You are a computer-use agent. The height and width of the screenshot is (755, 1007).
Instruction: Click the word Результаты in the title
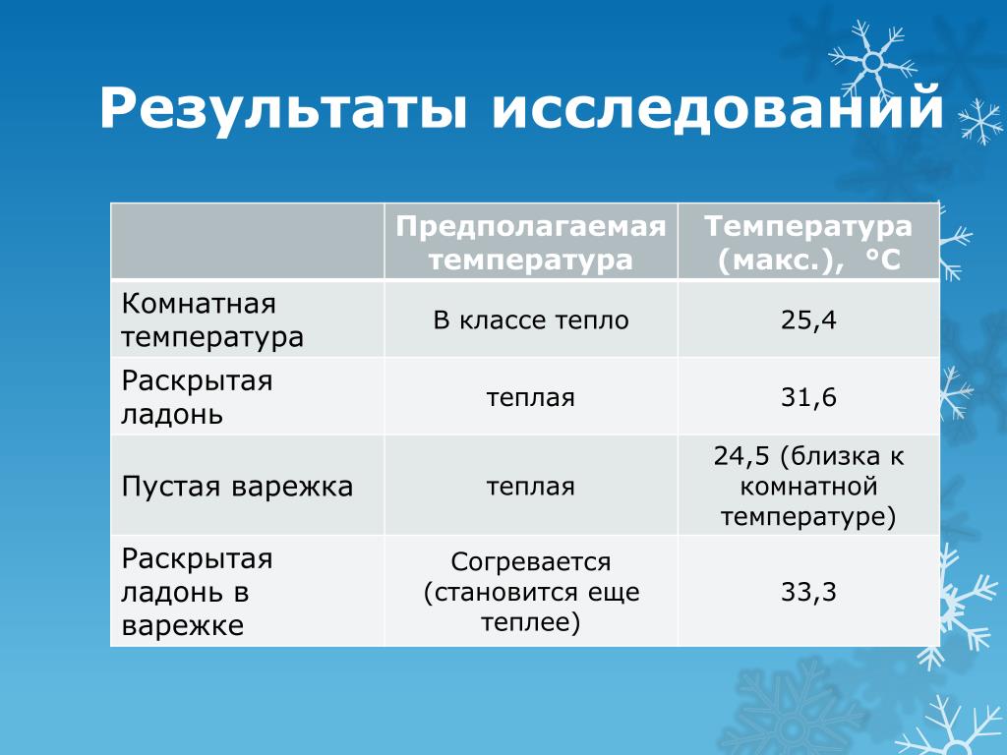(283, 109)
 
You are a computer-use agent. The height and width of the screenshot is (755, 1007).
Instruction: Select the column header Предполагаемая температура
(531, 244)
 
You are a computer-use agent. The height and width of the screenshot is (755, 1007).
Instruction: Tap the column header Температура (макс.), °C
(808, 244)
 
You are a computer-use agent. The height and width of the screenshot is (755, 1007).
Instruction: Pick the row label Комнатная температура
(212, 319)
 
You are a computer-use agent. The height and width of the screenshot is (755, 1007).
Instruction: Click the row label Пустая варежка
(237, 486)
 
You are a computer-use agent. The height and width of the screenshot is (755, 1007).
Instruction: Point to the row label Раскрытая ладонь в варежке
(197, 592)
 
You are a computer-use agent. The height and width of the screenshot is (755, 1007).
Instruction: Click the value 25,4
(808, 319)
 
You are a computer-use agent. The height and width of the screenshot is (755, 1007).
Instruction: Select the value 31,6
(808, 397)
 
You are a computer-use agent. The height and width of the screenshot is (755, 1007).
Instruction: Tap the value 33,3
(808, 592)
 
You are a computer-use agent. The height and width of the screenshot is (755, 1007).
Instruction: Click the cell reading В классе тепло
(531, 319)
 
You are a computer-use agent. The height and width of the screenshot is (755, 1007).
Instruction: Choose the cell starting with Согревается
(531, 592)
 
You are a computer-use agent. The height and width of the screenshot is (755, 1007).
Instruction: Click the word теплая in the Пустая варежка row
(531, 487)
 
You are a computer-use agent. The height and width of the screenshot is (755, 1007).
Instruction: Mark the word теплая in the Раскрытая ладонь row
(531, 398)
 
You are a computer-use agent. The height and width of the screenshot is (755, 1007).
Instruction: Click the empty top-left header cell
(248, 241)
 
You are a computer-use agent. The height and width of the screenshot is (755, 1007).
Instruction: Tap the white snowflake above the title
(872, 61)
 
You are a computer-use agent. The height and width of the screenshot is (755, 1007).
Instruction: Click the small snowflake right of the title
(980, 120)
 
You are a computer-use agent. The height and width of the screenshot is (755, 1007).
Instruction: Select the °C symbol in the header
(883, 260)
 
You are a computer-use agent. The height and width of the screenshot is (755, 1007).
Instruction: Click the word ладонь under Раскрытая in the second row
(172, 414)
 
